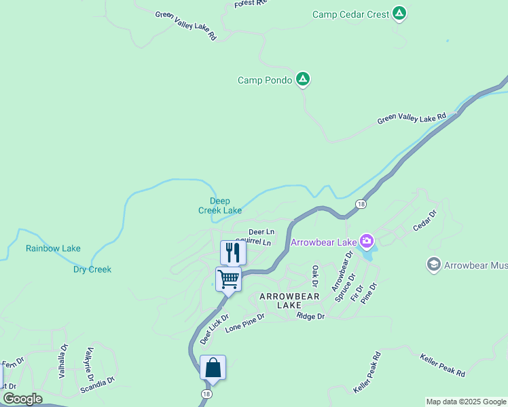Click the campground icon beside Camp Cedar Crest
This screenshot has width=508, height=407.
coord(399,14)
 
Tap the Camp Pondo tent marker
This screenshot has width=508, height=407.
coord(303,80)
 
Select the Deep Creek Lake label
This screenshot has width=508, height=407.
coord(220,206)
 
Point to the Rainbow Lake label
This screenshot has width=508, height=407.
coord(53,248)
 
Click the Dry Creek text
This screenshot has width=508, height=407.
coord(92,269)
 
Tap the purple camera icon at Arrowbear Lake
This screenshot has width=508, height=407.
coord(367,241)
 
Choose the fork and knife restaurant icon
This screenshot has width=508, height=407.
coord(233,253)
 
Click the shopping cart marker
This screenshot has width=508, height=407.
coord(229,279)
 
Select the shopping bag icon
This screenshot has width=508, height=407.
coord(213,368)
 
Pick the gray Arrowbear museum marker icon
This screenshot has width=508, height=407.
coord(433,264)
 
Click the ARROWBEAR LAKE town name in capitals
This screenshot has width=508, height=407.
coord(289,301)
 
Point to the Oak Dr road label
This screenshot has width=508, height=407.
coord(315,276)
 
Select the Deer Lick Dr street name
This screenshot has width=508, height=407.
coord(214,329)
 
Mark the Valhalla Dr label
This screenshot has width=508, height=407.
coord(63,360)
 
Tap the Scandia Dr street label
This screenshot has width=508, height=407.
coord(97,385)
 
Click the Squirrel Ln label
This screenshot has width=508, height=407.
coord(253,242)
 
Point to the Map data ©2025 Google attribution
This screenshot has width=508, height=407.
coord(466,402)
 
